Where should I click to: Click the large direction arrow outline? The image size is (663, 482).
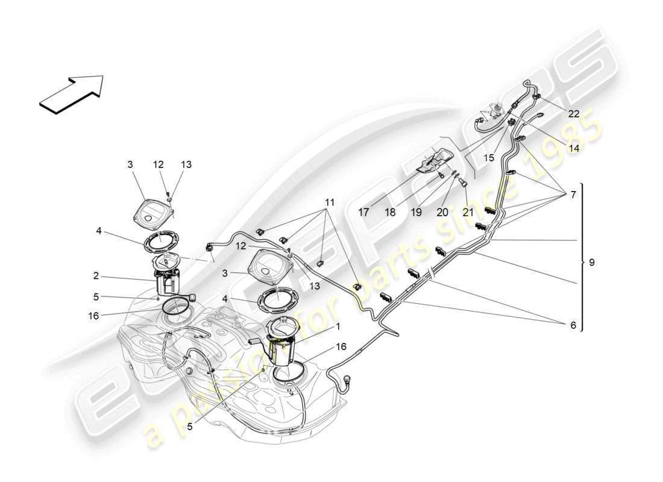[71, 93]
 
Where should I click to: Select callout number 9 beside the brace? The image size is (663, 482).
[591, 263]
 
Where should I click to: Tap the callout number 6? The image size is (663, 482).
[572, 325]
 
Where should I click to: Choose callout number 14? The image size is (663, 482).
[573, 147]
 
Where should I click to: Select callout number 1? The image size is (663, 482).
[338, 327]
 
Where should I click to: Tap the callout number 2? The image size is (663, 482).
[95, 276]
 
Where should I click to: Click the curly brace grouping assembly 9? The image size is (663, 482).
[582, 257]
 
